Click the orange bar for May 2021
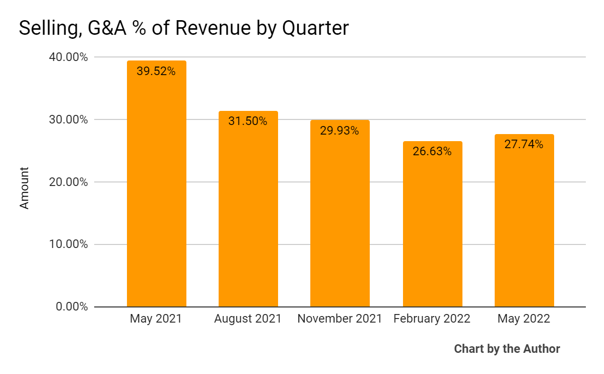pos(156,192)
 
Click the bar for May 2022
pos(524,227)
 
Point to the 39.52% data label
pos(156,72)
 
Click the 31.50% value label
pos(248,121)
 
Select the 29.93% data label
pos(340,131)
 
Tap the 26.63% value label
pos(432,151)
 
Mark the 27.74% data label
pos(524,145)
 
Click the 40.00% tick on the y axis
pos(70,57)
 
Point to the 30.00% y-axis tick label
pos(70,120)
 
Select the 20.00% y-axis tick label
pos(70,182)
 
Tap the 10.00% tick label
pos(70,244)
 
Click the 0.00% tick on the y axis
pos(72,307)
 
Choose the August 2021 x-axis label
pos(248,319)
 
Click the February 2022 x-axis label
pos(432,319)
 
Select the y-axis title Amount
pos(25,188)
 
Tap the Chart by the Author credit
pos(507,349)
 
